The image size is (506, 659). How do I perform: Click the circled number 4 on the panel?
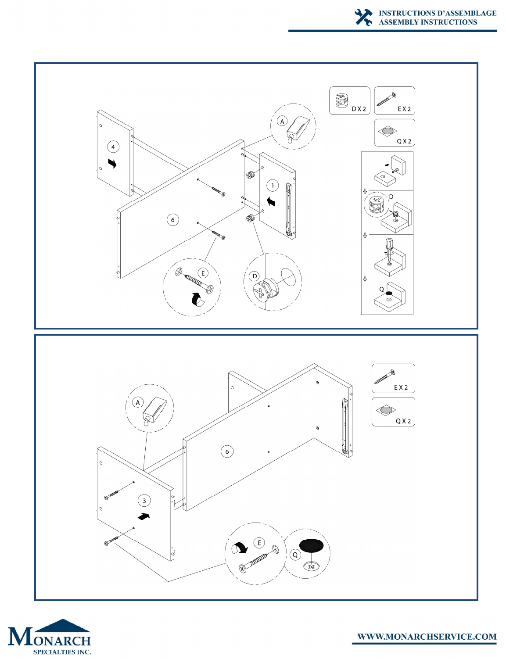click(113, 147)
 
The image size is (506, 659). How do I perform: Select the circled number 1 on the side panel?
click(273, 185)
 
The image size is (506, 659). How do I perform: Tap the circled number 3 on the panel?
click(144, 500)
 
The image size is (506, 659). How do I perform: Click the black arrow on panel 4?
click(112, 163)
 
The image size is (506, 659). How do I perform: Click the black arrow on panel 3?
click(144, 516)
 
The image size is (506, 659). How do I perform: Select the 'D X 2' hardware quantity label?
click(359, 109)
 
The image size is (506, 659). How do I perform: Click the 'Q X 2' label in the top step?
click(404, 141)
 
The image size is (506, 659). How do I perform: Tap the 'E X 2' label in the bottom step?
click(401, 387)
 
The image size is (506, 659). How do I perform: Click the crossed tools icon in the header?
click(363, 17)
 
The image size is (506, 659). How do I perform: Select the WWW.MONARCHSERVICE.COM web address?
click(427, 636)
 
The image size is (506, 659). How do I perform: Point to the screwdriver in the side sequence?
click(388, 250)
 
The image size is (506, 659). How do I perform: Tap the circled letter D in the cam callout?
click(255, 276)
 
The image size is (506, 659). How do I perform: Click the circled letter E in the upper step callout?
click(203, 273)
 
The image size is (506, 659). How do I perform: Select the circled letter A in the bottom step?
click(138, 402)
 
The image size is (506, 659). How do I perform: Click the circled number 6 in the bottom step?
click(227, 451)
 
